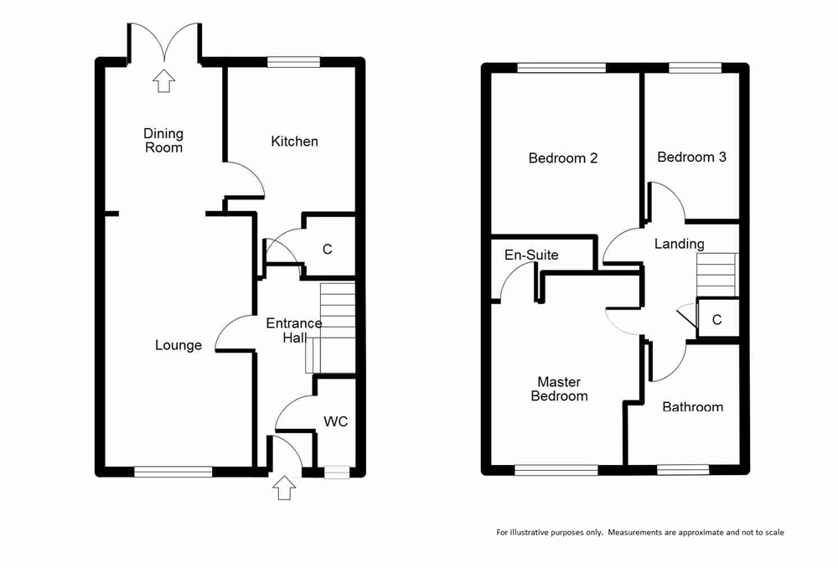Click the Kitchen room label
[x=294, y=142]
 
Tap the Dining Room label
[x=163, y=141]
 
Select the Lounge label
[x=178, y=346]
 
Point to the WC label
[x=336, y=421]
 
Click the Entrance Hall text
[x=294, y=330]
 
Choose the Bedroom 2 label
[x=563, y=158]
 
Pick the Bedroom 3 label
[x=691, y=157]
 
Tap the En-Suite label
[x=531, y=255]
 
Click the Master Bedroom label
[x=559, y=389]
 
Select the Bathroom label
[x=693, y=406]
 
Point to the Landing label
[x=680, y=244]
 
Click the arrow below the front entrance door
[x=284, y=488]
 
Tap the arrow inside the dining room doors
[x=163, y=80]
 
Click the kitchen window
[x=293, y=62]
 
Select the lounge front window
[x=173, y=472]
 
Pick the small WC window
[x=337, y=472]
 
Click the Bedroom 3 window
[x=696, y=68]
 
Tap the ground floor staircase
[x=331, y=328]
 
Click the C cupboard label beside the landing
[x=717, y=319]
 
